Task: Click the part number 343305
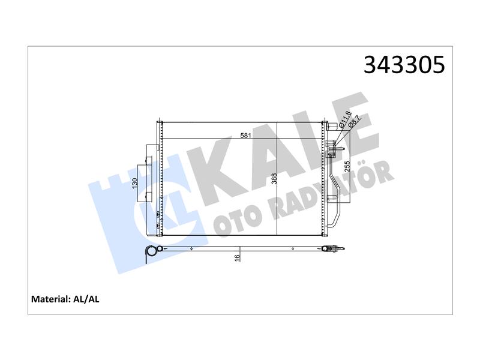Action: coord(404,65)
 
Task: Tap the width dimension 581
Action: coord(245,136)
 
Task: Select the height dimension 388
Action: coord(274,178)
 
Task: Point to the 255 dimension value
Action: coord(347,166)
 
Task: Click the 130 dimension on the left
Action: coord(135,183)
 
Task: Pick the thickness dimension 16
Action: coord(236,258)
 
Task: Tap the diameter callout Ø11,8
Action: coord(346,119)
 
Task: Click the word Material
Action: coord(50,299)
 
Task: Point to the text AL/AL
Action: coord(86,299)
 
